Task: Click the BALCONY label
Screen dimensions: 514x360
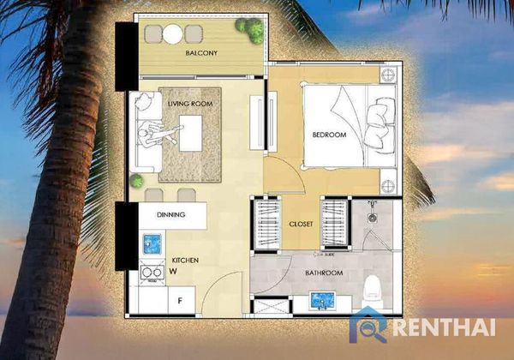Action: click(201, 53)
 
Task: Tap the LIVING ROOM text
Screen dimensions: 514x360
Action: click(190, 104)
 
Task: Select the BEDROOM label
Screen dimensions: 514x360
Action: click(329, 135)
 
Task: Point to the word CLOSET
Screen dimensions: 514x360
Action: click(301, 224)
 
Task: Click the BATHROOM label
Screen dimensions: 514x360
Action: click(324, 273)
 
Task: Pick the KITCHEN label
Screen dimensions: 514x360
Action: click(185, 261)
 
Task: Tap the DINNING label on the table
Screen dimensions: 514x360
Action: click(170, 215)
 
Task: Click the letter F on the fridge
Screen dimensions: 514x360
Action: click(180, 300)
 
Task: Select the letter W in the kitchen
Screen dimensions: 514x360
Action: click(173, 271)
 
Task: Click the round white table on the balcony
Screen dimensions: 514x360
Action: click(173, 34)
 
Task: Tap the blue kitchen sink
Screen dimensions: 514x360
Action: click(152, 244)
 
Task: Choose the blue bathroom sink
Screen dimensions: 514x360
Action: click(323, 301)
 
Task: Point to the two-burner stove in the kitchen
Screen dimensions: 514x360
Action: click(152, 273)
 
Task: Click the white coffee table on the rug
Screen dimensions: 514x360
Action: click(191, 133)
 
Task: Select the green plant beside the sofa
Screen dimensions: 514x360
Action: click(136, 181)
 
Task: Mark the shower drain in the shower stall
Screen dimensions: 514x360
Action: click(372, 218)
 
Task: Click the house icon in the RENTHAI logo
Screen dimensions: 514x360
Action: click(368, 325)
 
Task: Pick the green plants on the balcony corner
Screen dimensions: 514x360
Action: click(251, 29)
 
